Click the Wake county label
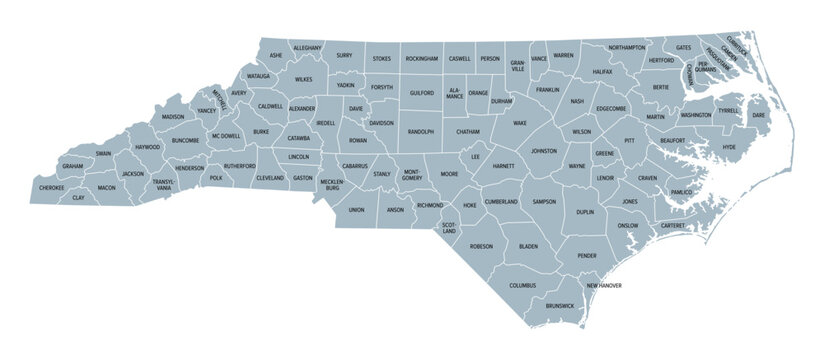(x=519, y=123)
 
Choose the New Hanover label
(x=604, y=286)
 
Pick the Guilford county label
(x=422, y=93)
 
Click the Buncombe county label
(x=186, y=141)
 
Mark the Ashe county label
(x=277, y=55)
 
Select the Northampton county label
(x=626, y=47)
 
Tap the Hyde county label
(x=729, y=147)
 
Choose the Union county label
(x=356, y=210)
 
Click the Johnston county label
(x=543, y=151)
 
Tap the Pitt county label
(x=629, y=142)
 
